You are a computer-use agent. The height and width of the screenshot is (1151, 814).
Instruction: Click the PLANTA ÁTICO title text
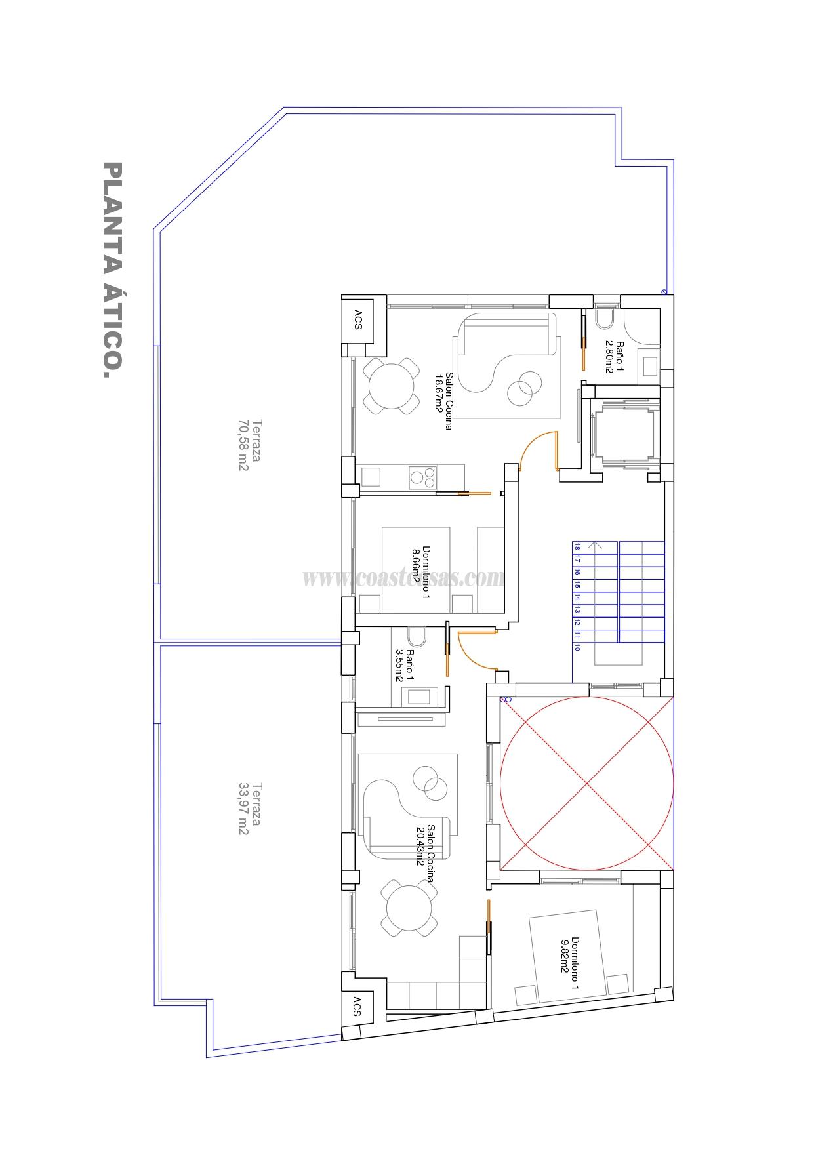(x=112, y=270)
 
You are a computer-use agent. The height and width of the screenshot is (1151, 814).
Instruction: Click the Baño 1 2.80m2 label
(x=615, y=356)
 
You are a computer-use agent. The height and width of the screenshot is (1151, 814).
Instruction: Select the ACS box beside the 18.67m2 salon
(x=358, y=319)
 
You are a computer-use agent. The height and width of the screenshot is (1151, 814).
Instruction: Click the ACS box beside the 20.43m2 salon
(x=357, y=1006)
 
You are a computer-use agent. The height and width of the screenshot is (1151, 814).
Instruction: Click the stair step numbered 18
(x=577, y=546)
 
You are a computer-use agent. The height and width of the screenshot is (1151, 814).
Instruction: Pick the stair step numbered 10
(x=577, y=647)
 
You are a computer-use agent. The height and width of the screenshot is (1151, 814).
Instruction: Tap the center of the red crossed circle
(x=586, y=784)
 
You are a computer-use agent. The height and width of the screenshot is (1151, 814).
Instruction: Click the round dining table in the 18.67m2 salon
(x=392, y=386)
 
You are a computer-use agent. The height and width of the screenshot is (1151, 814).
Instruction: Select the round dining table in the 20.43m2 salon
(x=409, y=910)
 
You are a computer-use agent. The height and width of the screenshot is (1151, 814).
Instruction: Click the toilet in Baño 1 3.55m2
(x=416, y=637)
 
